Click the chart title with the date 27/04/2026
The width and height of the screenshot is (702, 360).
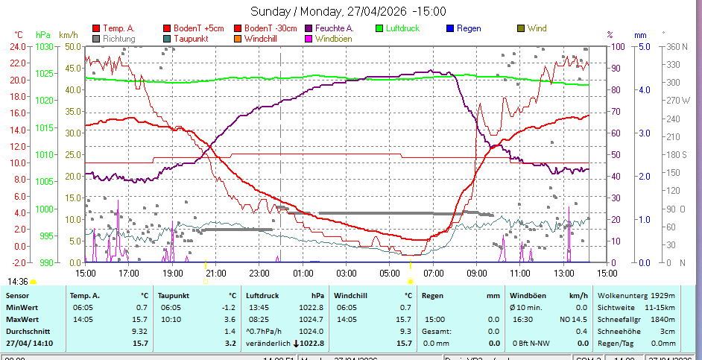348,11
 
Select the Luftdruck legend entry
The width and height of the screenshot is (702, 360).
402,28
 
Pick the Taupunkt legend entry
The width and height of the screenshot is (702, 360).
190,38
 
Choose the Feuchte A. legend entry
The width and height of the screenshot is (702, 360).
334,28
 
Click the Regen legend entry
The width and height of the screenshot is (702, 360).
468,28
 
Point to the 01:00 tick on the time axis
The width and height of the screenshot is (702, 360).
303,274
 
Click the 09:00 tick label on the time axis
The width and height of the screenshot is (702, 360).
477,274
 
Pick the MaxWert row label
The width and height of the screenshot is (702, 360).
22,319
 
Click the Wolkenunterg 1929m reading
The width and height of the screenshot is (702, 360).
636,295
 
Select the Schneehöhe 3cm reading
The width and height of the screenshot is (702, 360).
636,331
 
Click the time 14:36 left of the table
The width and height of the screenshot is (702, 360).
18,282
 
